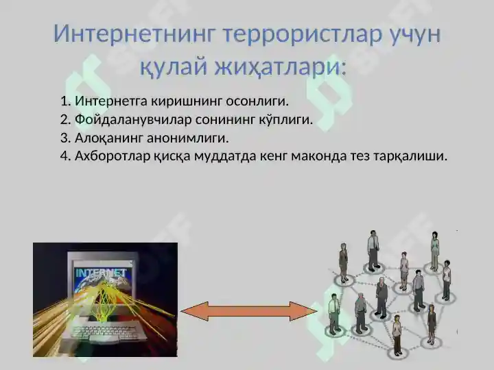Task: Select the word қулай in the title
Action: point(167,66)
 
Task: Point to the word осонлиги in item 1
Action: point(262,102)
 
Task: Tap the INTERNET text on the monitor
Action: point(101,273)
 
